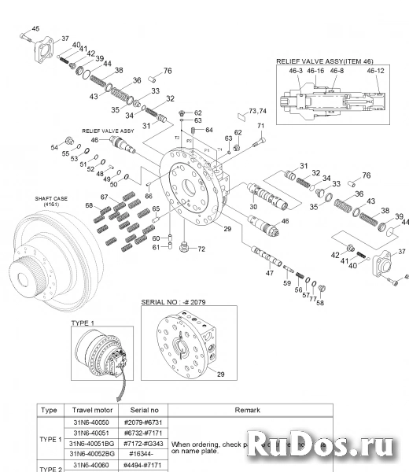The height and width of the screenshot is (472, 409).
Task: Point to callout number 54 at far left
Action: coord(55,147)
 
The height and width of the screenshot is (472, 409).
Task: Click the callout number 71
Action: coord(261,127)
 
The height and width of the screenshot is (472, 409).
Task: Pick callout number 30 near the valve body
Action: coord(252,207)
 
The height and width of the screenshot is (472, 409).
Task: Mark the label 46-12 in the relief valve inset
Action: coord(375,70)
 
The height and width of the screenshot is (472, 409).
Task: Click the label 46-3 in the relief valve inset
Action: coord(295,70)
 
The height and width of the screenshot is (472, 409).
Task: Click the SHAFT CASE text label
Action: coord(50,198)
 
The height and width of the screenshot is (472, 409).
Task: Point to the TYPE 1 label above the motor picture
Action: coord(83,323)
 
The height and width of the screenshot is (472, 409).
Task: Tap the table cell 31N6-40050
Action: coord(90,422)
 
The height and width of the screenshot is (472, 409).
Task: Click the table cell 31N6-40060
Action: coord(90,466)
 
